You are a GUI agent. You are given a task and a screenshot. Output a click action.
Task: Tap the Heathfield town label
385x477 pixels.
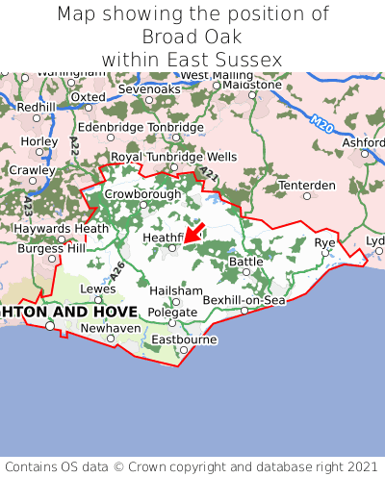pos(163,237)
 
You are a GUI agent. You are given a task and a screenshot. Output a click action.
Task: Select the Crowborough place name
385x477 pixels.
pos(142,193)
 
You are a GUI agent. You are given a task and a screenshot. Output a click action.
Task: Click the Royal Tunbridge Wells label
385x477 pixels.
pos(173,156)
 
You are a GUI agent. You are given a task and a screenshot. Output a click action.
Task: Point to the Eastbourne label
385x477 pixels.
pos(184,339)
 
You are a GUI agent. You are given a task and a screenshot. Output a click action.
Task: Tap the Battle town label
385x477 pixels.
pos(245,261)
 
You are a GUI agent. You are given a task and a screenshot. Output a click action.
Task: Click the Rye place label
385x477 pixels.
pos(325,242)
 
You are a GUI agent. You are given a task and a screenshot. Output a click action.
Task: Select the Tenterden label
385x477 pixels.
pos(307,185)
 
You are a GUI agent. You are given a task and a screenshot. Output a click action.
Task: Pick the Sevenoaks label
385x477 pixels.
pos(149,88)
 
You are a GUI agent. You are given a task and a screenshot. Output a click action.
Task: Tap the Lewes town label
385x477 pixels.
pos(98,288)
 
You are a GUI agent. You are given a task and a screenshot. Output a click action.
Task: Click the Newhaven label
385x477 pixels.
pos(111,327)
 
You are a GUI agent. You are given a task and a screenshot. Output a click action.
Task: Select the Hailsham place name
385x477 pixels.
pos(176,290)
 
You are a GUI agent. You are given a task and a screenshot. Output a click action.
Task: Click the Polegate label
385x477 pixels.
pos(172,313)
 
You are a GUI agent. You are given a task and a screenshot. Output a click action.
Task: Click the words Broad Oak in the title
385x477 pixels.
pos(192,37)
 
